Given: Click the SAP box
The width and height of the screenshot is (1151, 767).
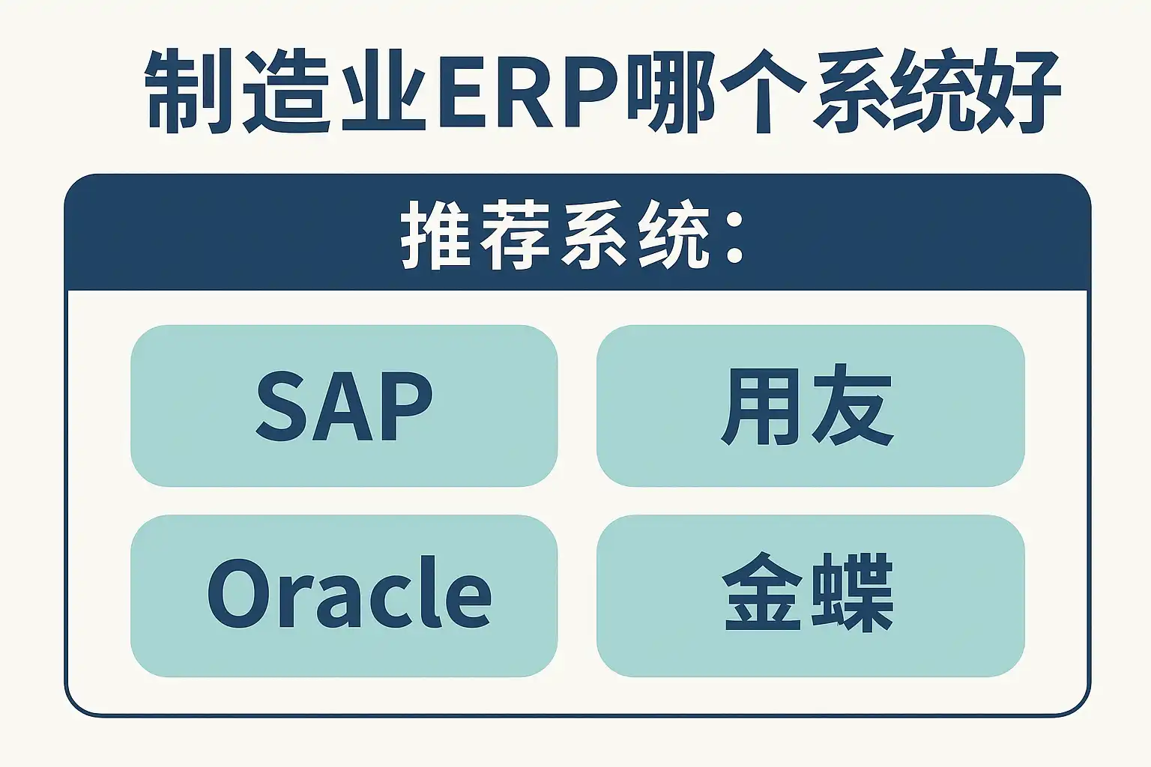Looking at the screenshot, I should coord(344,405).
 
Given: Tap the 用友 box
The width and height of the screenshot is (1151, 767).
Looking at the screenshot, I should coord(810,405).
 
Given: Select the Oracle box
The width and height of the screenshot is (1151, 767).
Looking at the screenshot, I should coord(344,595).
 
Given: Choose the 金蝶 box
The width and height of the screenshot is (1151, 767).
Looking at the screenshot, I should coord(810,595).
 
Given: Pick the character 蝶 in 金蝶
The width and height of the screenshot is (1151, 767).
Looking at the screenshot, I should coord(854,593).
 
